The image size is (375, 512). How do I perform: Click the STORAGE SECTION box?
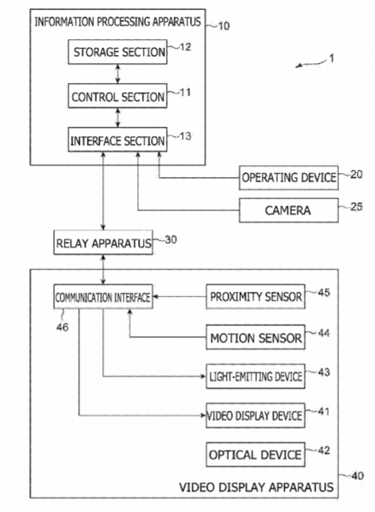pos(117,52)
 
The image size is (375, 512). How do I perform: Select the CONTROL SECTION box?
pos(117,96)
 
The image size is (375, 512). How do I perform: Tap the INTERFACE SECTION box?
pos(117,140)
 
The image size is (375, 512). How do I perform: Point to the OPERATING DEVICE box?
pos(289,178)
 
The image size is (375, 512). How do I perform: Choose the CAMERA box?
pos(289,211)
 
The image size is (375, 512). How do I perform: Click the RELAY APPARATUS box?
pos(103,242)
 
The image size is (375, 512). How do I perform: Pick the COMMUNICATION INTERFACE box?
pos(103,297)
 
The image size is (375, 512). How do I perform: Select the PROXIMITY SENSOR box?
pos(255,297)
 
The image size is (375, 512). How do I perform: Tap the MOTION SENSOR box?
pos(255,337)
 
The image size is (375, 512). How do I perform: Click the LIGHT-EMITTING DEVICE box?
pos(255,376)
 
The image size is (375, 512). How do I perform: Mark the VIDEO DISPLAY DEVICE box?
pos(255,416)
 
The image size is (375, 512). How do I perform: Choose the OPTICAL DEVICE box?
pos(255,455)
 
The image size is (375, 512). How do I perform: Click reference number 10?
pos(223,26)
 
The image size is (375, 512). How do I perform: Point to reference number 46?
pos(62,327)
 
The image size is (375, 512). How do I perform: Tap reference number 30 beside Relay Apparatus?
pos(171,240)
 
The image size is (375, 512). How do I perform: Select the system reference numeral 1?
pos(332,58)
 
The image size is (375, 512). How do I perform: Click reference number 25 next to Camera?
pos(357,207)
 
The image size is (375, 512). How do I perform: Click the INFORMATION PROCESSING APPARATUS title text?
pos(117,22)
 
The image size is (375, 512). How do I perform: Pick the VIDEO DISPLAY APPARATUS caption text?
pos(256,487)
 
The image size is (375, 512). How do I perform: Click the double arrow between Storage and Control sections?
pos(118,74)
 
